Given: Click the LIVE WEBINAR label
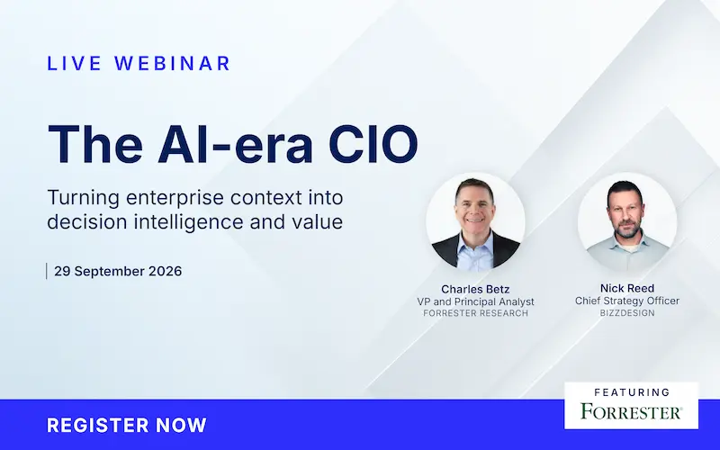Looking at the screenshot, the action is click(139, 63).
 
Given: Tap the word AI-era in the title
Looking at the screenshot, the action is click(236, 143).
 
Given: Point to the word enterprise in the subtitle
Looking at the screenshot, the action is click(175, 198).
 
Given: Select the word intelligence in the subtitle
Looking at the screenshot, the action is click(188, 221).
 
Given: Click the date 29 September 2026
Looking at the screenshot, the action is click(118, 271).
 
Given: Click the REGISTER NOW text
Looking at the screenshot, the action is click(127, 425).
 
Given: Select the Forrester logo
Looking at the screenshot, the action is click(631, 411).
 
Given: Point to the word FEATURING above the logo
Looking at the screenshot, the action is click(632, 392).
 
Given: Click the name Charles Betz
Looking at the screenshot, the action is click(475, 289).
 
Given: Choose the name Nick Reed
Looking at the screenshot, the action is click(627, 288).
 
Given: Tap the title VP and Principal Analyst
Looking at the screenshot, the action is click(476, 301).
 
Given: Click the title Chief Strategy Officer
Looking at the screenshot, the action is click(627, 301).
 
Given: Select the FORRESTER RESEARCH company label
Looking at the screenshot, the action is click(476, 313).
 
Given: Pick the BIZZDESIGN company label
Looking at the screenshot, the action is click(627, 312).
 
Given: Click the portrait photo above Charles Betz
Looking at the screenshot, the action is click(476, 222).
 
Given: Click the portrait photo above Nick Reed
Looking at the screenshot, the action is click(627, 221).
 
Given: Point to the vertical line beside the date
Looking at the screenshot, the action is click(47, 271).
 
